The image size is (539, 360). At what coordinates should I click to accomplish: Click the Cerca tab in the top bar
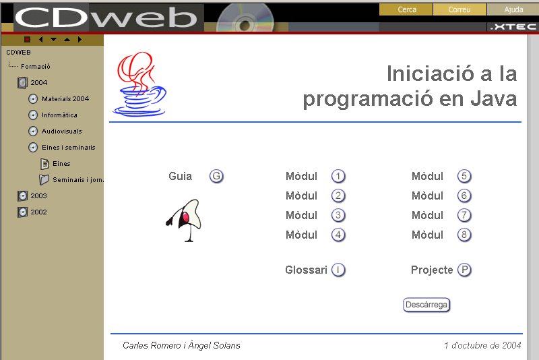click(x=406, y=9)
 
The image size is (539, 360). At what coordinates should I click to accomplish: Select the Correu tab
click(x=459, y=9)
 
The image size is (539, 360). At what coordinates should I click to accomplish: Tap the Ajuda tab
click(x=513, y=9)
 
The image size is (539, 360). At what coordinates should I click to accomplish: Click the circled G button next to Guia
click(x=216, y=176)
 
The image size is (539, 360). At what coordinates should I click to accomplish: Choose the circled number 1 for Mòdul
click(x=338, y=176)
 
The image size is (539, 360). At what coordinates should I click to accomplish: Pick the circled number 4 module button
click(x=338, y=235)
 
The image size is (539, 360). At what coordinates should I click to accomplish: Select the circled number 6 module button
click(x=464, y=196)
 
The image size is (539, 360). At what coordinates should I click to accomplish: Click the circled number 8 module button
click(x=464, y=235)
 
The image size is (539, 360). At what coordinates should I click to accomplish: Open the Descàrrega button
click(x=426, y=305)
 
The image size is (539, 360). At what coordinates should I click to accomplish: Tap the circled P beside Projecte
click(x=464, y=270)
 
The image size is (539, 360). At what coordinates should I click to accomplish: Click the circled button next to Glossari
click(x=338, y=270)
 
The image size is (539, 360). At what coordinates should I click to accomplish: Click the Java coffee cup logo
click(x=140, y=84)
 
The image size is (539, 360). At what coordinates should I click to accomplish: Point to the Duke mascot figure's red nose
click(x=186, y=217)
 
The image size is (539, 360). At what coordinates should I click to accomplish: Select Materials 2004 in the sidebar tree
click(x=65, y=99)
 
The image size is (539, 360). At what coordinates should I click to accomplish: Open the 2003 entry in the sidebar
click(x=38, y=196)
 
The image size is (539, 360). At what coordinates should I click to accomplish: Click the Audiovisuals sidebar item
click(x=62, y=131)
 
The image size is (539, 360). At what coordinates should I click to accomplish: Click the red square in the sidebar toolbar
click(x=28, y=40)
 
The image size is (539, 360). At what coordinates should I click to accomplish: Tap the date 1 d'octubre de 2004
click(x=482, y=345)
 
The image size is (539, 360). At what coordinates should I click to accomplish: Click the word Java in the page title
click(x=494, y=98)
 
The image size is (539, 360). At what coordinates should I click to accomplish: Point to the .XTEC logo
click(x=513, y=27)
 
